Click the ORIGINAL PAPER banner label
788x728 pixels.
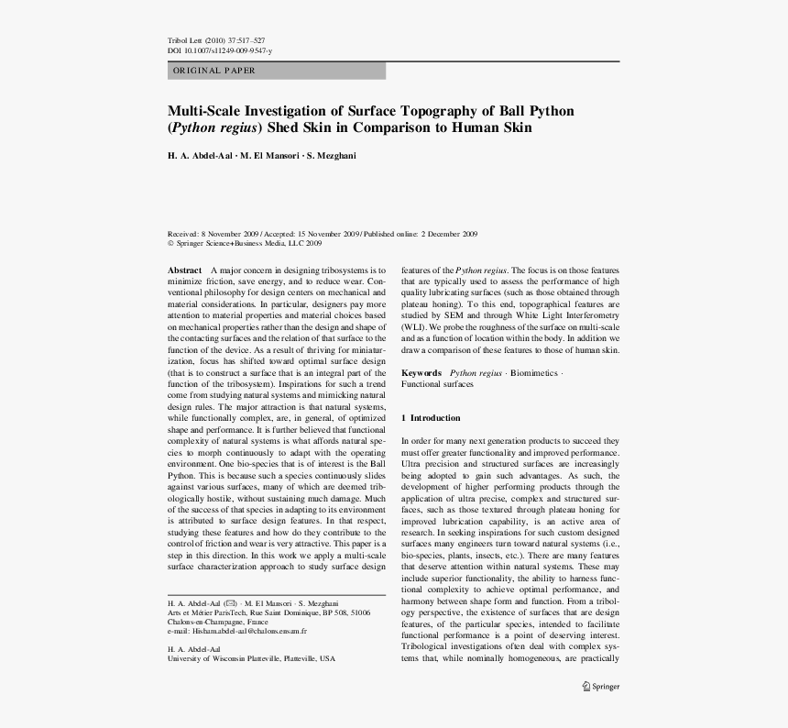pos(213,71)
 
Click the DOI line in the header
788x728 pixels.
pos(220,51)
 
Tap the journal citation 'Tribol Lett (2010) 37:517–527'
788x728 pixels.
pos(216,41)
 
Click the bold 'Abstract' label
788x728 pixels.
pos(184,270)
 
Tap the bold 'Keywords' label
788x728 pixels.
pos(421,374)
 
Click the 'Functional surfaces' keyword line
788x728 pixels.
pos(437,385)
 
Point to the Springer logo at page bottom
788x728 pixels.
pos(600,686)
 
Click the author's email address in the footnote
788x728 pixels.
pos(249,631)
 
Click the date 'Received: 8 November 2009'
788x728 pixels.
pos(213,234)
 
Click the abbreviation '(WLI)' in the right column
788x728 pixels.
pos(414,326)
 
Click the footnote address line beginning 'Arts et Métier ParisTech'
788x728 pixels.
pos(268,612)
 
